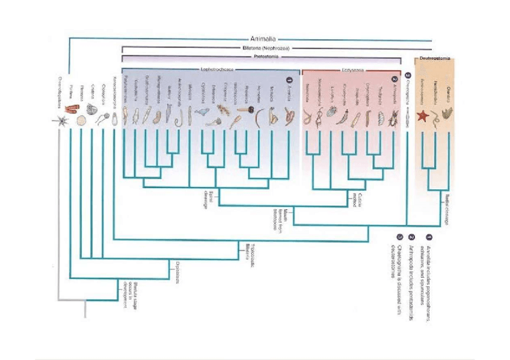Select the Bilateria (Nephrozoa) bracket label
point(263,47)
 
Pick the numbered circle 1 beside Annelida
point(289,79)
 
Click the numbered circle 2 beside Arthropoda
point(395,79)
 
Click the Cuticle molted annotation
point(357,199)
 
